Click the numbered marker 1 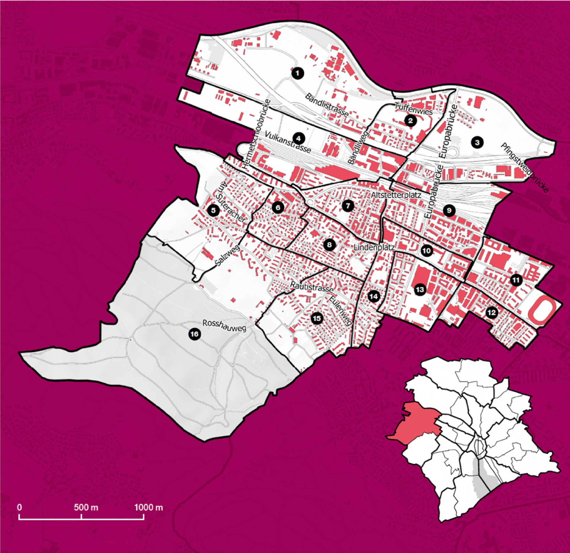[x=297, y=73]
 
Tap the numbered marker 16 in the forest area [x=194, y=334]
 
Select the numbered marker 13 [x=420, y=289]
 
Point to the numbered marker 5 [x=213, y=210]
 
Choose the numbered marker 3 [x=477, y=142]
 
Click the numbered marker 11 [x=516, y=280]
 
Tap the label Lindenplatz [x=374, y=247]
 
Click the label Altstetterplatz [x=396, y=195]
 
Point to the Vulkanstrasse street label [x=288, y=142]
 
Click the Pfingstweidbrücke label [x=524, y=168]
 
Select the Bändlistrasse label [x=327, y=105]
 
